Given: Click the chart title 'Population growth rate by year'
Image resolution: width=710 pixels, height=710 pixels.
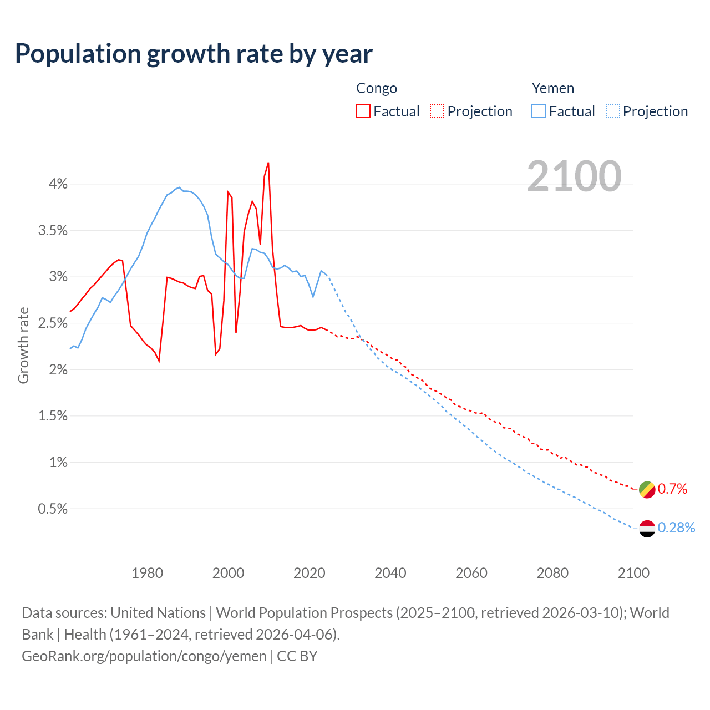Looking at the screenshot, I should [194, 54].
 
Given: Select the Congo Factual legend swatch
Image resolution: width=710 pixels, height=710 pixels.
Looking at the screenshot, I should [363, 111].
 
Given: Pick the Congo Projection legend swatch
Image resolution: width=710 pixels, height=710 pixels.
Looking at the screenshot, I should [437, 111].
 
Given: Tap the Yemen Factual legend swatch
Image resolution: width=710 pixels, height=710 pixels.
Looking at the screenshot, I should [539, 111].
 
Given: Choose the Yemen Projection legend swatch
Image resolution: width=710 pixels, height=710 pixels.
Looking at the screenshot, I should [612, 111].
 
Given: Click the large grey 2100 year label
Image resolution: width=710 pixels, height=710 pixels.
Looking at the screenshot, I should [574, 176].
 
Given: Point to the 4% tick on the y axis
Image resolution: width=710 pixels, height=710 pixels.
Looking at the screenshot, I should [58, 184].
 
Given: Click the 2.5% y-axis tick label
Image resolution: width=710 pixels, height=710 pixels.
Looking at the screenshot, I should [53, 323].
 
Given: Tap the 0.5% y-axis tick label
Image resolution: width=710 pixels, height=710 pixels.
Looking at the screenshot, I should [53, 509].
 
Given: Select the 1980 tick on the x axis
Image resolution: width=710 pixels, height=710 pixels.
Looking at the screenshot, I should [147, 573].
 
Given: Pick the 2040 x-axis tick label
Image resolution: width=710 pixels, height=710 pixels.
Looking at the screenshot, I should [390, 573].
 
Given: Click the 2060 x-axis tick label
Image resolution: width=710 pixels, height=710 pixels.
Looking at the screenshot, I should [471, 573].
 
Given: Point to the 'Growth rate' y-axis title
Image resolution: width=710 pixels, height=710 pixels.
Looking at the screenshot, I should [23, 345].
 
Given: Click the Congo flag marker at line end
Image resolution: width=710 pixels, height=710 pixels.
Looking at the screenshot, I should [647, 490].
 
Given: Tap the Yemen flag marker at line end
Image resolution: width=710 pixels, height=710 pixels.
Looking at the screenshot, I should [647, 529].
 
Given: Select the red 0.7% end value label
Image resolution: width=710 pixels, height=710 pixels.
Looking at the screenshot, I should [672, 489].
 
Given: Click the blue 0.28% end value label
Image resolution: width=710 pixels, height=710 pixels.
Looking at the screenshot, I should [676, 528].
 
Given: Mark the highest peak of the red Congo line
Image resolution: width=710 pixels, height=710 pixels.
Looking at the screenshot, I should [268, 163].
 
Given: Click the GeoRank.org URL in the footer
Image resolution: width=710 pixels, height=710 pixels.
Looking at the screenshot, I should [144, 656].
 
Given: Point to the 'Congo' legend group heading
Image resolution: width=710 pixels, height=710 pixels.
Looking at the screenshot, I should [377, 88].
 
